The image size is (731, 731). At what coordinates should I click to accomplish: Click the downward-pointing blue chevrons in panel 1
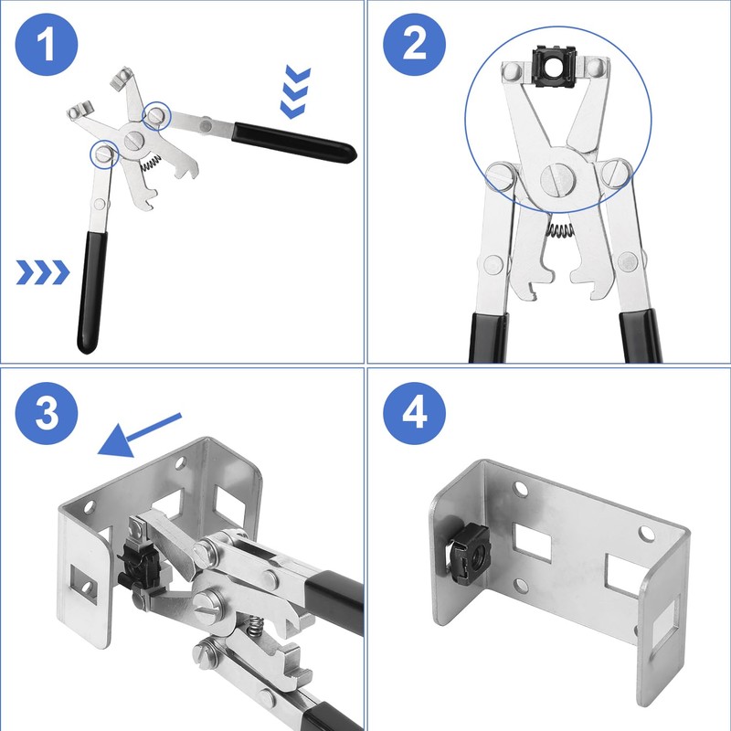[294, 92]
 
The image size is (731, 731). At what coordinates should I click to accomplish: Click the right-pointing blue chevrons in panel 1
[42, 271]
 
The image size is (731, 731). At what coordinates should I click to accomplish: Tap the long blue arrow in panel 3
[137, 435]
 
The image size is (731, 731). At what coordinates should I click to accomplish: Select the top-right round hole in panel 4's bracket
[646, 532]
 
